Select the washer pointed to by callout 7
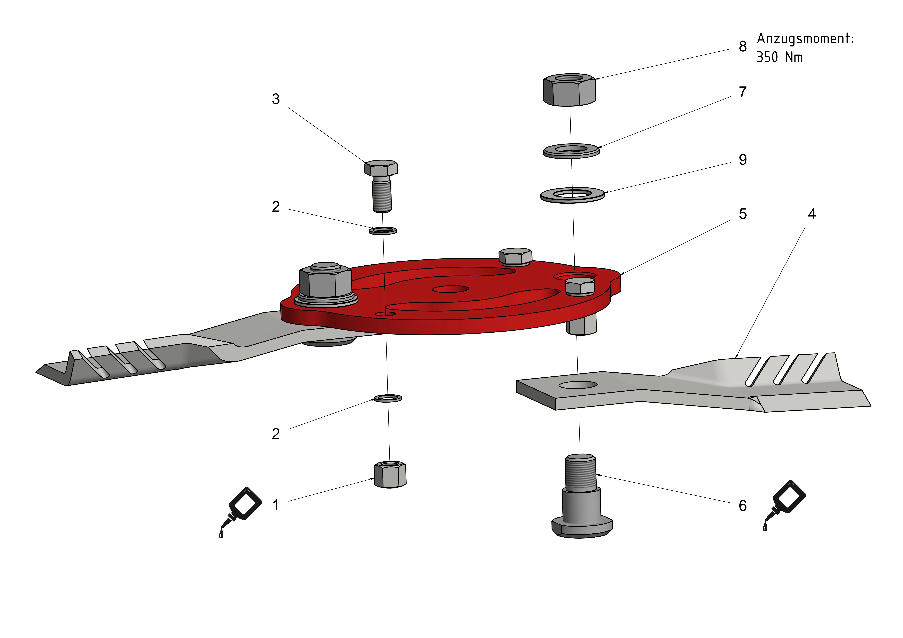click(x=571, y=151)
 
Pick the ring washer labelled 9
click(x=572, y=195)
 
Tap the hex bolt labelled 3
click(x=381, y=185)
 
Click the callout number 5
click(x=743, y=214)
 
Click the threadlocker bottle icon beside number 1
click(x=241, y=511)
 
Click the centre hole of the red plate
click(x=450, y=289)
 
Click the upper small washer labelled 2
click(x=383, y=230)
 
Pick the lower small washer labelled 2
click(x=387, y=398)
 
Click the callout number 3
click(x=276, y=99)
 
